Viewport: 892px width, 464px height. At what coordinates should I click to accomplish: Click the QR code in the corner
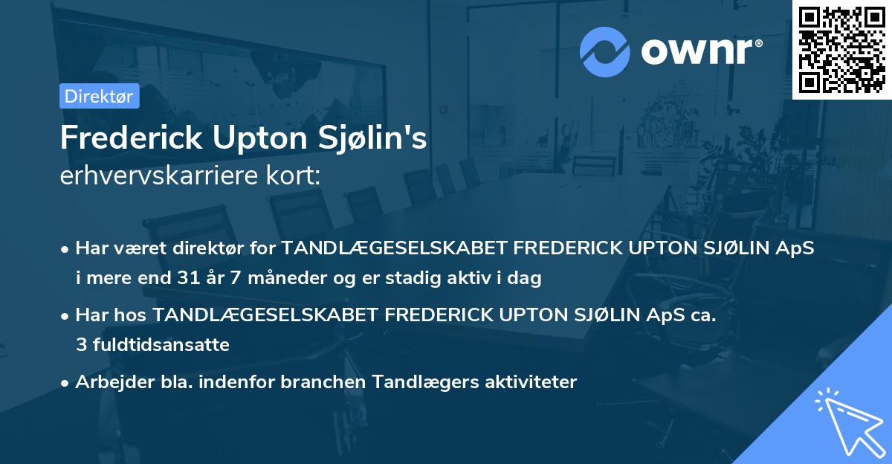point(841,50)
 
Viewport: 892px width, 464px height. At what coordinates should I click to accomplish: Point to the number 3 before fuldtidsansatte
point(80,345)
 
